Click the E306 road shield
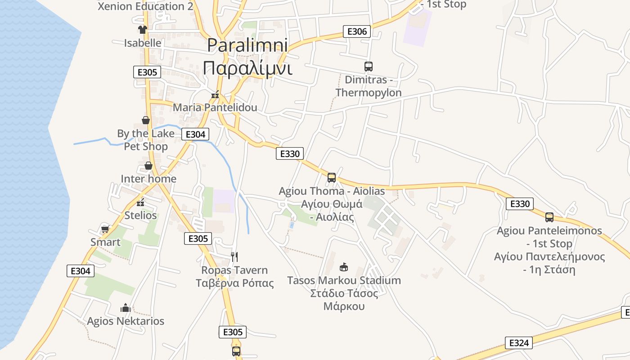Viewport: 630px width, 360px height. click(357, 31)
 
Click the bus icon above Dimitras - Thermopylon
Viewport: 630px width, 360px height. click(369, 67)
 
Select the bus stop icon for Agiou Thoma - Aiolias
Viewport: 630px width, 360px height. click(332, 178)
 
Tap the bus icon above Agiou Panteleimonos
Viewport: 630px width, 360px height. click(549, 217)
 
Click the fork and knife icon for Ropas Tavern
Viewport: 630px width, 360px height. click(234, 256)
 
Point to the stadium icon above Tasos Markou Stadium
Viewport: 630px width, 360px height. click(344, 267)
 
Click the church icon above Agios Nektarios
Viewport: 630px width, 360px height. click(126, 308)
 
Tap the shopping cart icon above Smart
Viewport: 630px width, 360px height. click(105, 229)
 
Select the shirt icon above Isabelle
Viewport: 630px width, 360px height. click(143, 30)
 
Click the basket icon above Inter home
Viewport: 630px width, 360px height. click(148, 166)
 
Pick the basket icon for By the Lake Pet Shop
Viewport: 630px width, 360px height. click(146, 120)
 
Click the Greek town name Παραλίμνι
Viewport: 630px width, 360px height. click(247, 68)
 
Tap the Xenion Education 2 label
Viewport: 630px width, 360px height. click(145, 6)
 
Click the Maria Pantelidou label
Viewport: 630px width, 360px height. click(215, 108)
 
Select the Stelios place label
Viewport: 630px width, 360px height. click(140, 215)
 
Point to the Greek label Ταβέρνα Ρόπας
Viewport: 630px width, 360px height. click(234, 283)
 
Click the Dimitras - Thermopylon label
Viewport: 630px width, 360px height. click(369, 86)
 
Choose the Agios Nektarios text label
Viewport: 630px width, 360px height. click(126, 321)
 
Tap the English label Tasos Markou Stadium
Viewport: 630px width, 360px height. click(344, 280)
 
